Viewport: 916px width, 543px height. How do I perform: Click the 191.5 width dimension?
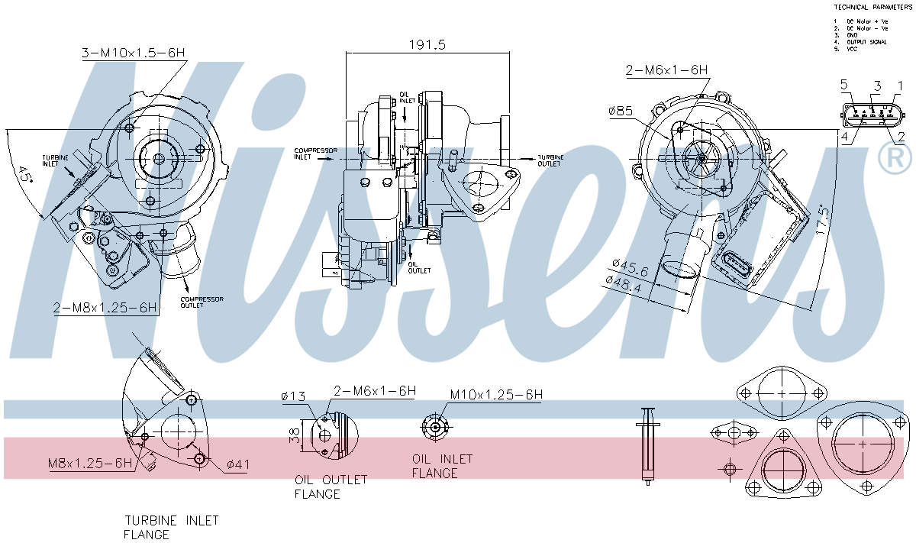point(426,45)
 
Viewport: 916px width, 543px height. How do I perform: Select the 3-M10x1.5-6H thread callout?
point(134,53)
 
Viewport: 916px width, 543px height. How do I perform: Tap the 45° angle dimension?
point(27,175)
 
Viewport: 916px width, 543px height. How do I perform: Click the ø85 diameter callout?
point(621,111)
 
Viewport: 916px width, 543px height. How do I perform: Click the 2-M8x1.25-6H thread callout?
point(105,308)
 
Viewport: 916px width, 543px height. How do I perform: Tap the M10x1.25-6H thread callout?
point(496,395)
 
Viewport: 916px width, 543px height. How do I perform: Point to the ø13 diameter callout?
point(293,396)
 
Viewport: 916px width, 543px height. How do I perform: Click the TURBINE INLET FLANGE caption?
point(172,527)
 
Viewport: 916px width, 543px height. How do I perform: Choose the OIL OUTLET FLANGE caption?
point(331,486)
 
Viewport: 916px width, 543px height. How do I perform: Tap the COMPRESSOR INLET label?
point(315,154)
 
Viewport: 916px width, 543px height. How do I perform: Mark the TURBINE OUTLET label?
point(550,160)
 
